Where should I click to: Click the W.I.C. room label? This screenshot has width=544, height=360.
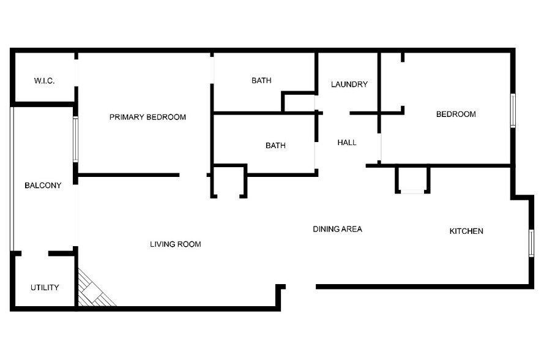click(x=45, y=80)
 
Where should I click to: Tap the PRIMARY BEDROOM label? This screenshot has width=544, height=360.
click(x=147, y=117)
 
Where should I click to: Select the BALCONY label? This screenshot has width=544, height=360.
click(x=43, y=186)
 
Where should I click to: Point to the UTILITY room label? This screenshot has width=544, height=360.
click(x=45, y=287)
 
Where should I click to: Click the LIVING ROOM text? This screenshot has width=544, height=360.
click(x=176, y=244)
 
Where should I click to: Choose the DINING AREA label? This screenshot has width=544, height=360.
click(x=337, y=229)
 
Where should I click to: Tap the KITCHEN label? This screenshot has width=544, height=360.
click(x=466, y=231)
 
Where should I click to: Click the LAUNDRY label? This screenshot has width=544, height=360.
click(x=349, y=84)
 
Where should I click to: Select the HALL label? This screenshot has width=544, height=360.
click(x=347, y=143)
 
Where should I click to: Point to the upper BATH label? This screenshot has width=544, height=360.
click(x=261, y=80)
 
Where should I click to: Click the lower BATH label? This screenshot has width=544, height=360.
click(x=275, y=146)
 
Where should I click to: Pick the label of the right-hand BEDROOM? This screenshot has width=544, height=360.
click(x=455, y=114)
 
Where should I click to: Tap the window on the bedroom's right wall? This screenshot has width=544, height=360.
click(x=513, y=111)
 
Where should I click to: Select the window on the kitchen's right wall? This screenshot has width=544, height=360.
click(x=531, y=242)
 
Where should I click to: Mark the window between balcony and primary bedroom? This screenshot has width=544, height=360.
click(x=76, y=140)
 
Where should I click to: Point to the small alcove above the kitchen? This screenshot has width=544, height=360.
click(x=412, y=179)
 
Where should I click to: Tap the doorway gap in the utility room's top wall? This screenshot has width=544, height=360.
click(x=35, y=253)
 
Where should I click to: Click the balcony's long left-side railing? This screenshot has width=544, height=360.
click(x=12, y=178)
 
